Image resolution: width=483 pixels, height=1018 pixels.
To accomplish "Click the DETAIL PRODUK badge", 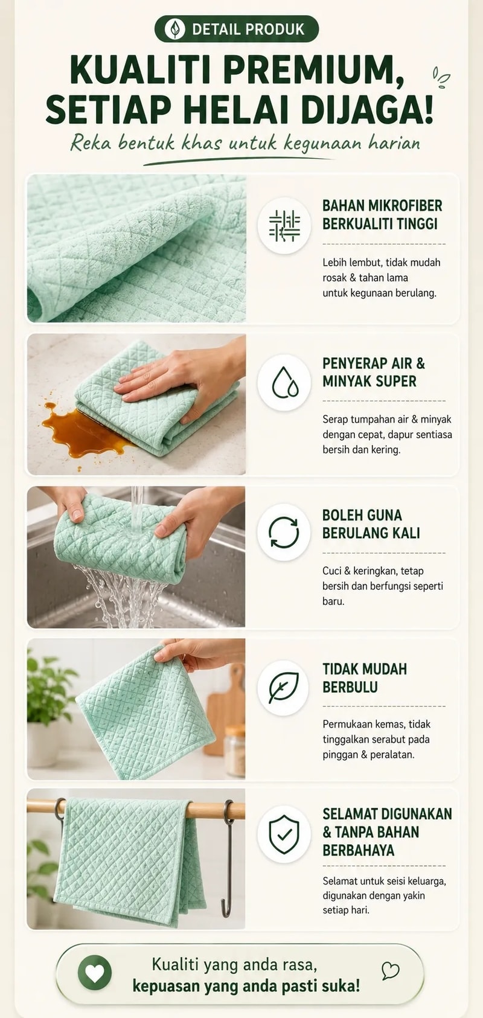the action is (236, 29).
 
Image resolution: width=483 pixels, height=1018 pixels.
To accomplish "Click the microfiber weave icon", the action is (284, 225).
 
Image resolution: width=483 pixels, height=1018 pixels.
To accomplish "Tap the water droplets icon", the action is (284, 382).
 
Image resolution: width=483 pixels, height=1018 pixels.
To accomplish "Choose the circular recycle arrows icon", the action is (284, 532).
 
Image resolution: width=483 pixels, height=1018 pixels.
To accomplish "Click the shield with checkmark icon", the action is (284, 834).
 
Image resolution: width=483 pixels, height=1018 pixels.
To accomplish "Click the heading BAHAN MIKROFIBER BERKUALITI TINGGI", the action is (382, 214).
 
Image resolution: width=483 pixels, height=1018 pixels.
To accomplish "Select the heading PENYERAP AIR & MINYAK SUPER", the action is (374, 372).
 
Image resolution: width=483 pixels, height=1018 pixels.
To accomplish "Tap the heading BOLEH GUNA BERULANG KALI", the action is (371, 524).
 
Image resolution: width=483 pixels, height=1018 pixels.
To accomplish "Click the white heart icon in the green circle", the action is (95, 973).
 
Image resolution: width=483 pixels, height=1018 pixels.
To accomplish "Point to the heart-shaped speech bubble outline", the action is (390, 970).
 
